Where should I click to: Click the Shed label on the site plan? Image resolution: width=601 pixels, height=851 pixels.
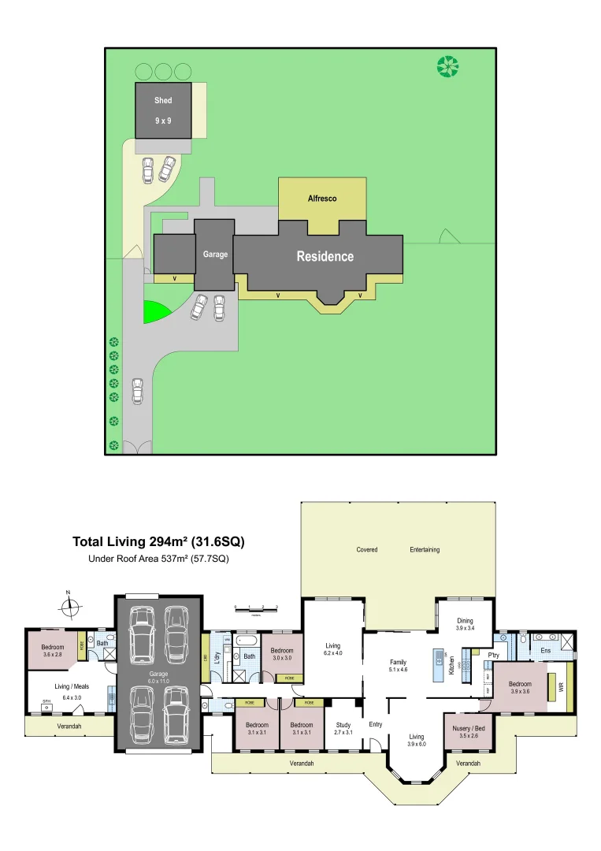pos(163,101)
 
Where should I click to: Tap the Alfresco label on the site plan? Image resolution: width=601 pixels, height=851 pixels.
pos(322,199)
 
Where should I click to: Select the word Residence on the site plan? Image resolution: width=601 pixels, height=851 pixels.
pos(325,256)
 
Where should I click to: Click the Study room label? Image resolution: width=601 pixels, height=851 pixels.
pos(343,725)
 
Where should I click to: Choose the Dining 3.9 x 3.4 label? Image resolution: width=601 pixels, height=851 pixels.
pos(465,623)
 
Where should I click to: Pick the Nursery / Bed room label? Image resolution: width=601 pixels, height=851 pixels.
pos(468,729)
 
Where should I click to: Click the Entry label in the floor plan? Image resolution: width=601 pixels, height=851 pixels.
pos(375,724)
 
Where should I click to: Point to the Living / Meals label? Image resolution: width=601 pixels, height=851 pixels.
pos(72,686)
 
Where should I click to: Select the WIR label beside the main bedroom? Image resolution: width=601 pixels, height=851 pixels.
pos(561,688)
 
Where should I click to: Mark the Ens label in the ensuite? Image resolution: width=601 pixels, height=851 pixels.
pos(545,651)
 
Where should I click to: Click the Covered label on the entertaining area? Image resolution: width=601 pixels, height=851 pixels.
pos(367,549)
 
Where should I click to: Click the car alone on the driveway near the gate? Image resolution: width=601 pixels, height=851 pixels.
pos(138,391)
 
